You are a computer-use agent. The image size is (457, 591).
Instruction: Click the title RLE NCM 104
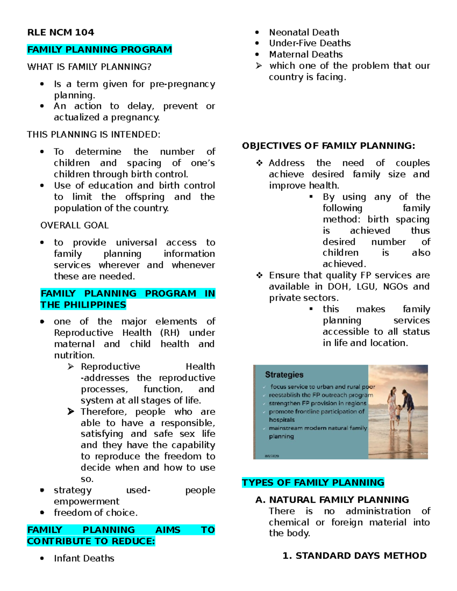click(61, 32)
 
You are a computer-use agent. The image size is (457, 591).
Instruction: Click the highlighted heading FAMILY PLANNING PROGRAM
click(99, 49)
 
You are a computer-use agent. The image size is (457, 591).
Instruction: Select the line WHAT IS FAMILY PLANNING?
click(89, 67)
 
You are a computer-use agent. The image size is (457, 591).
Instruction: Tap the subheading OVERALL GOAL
click(74, 225)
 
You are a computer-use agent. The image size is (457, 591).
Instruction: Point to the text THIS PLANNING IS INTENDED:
click(94, 134)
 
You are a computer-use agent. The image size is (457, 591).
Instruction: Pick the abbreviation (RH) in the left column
click(169, 333)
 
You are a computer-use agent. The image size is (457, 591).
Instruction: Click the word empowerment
click(86, 501)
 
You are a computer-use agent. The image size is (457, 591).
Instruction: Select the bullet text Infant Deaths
click(84, 558)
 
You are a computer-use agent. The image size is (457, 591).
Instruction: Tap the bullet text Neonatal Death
click(304, 32)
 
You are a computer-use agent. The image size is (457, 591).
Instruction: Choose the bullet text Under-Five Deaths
click(310, 43)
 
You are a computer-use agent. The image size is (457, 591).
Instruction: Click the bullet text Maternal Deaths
click(306, 54)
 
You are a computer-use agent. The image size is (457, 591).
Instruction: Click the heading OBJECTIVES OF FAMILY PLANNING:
click(328, 146)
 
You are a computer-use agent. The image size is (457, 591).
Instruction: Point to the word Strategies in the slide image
click(284, 374)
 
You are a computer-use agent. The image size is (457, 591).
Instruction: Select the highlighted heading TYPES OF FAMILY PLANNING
click(313, 483)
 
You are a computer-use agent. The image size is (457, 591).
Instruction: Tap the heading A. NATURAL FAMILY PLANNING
click(332, 500)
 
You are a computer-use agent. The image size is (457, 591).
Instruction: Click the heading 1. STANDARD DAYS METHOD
click(355, 556)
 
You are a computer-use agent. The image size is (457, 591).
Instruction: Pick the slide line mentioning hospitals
click(281, 420)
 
